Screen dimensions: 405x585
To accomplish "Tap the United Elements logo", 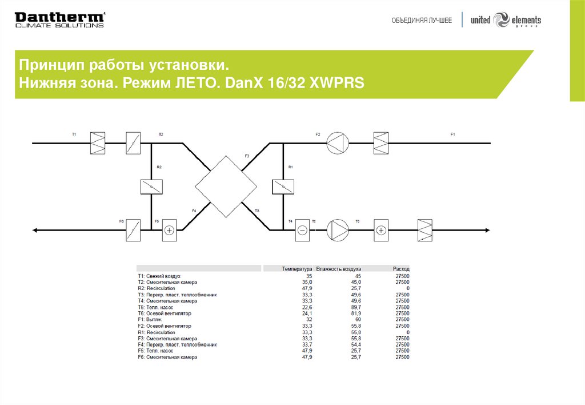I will click(x=506, y=20).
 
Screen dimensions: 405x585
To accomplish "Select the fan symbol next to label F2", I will click(x=337, y=142).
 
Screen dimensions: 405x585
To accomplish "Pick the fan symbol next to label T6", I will click(x=338, y=230).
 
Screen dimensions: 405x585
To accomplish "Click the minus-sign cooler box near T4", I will click(x=303, y=230).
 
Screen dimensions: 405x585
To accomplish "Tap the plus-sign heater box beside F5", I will click(x=170, y=230).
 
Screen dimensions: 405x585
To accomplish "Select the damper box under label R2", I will click(x=151, y=186).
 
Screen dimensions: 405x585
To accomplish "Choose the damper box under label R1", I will click(x=283, y=186).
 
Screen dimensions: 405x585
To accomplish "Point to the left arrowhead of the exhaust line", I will click(x=35, y=230).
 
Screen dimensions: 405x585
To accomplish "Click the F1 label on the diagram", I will click(x=452, y=134).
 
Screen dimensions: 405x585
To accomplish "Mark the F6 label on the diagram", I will click(x=122, y=221).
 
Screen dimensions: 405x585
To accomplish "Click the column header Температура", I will click(x=297, y=268).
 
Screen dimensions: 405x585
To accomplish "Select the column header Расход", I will click(x=401, y=268).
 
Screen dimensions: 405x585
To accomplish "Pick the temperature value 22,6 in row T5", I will click(x=307, y=307).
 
